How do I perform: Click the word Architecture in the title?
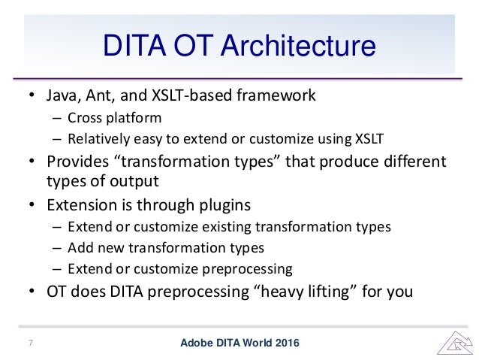298,45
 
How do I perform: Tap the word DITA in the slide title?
134,45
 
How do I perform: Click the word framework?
276,95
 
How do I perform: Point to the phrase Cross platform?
115,118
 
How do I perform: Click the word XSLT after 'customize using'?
369,139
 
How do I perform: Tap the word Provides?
77,161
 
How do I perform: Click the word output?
134,181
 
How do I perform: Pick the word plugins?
224,205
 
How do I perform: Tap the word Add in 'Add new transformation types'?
79,248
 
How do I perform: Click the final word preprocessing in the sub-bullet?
247,269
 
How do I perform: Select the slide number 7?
31,343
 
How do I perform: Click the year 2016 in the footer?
287,343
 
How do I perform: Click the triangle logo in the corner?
455,343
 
